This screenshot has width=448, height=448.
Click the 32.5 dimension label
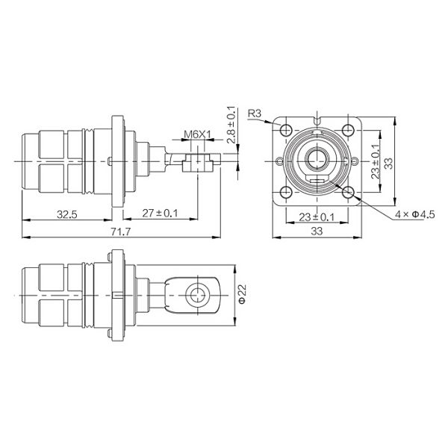(68, 214)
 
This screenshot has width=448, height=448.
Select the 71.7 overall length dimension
(120, 232)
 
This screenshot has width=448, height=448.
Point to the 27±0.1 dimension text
(161, 214)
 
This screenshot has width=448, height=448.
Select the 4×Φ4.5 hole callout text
(414, 215)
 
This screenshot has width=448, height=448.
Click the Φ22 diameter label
(241, 296)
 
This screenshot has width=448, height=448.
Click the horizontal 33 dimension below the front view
(317, 232)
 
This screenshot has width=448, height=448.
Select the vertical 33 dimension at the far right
(388, 161)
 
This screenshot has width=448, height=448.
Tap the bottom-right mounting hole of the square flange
(349, 193)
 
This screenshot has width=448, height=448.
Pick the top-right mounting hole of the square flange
(349, 128)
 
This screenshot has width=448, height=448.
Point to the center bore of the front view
(317, 160)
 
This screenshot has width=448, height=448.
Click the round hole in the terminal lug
(198, 296)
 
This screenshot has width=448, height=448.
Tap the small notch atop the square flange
(317, 118)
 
